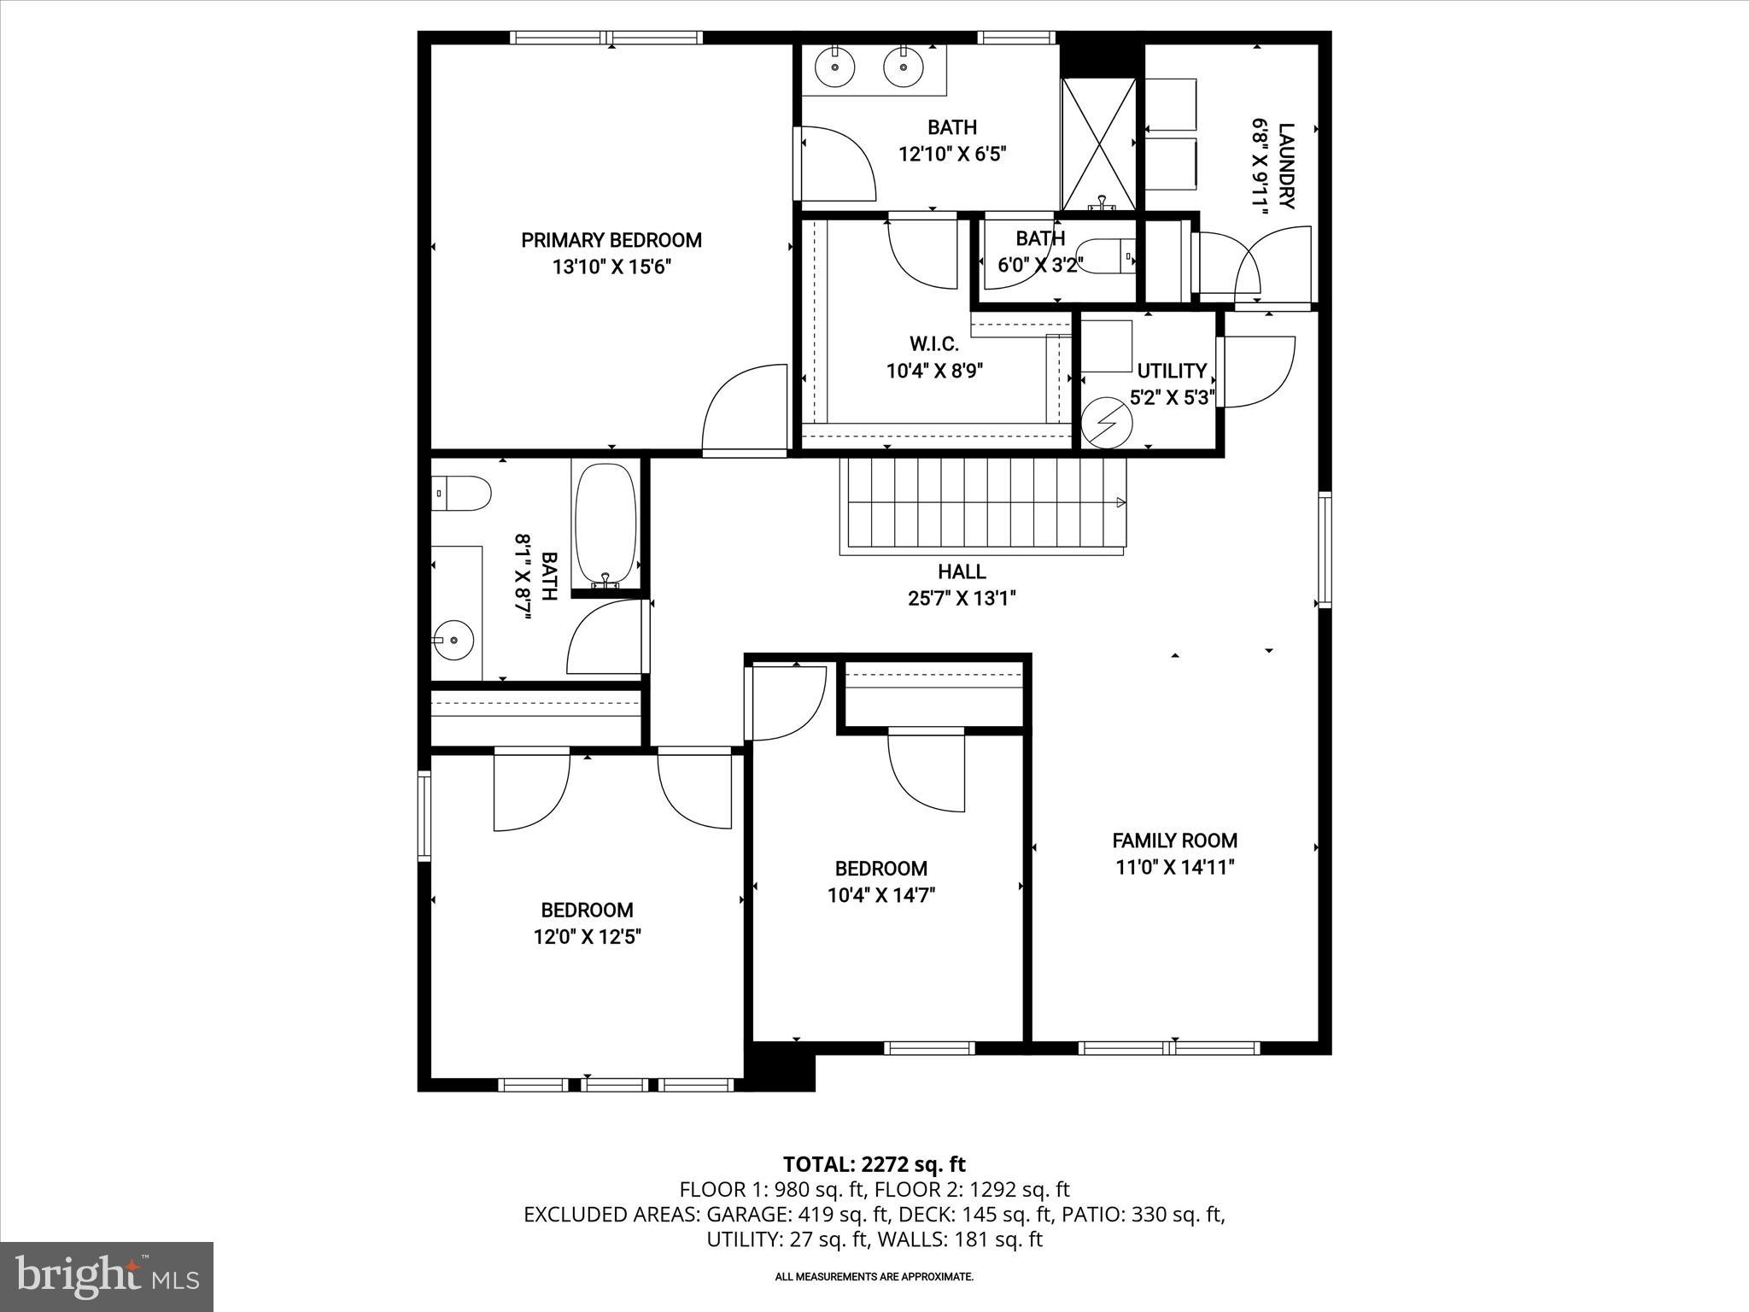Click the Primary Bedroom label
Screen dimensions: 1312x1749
pos(611,240)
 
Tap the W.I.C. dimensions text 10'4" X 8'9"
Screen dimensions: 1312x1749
pos(934,372)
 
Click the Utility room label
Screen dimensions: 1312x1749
pos(1171,371)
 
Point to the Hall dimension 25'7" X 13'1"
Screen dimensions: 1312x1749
pos(962,599)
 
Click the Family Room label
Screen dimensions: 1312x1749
pos(1174,840)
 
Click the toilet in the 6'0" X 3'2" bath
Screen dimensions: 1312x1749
pos(1105,256)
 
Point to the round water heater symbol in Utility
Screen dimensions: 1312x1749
pos(1106,420)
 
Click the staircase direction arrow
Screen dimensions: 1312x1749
pos(1120,503)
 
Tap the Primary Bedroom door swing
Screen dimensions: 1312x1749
pos(743,410)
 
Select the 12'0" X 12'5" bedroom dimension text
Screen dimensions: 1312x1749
pos(587,937)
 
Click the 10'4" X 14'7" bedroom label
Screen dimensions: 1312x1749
pos(880,869)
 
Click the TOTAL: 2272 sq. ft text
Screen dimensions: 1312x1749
pos(874,1164)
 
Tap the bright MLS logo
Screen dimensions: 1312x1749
pos(107,1276)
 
